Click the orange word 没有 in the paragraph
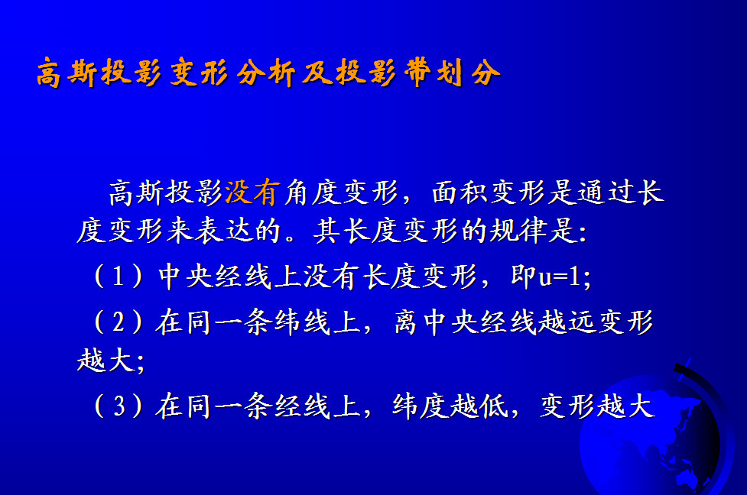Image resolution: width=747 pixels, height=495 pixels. click(252, 192)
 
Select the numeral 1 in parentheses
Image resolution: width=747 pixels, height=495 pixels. click(118, 276)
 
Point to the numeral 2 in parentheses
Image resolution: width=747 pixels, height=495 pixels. click(119, 322)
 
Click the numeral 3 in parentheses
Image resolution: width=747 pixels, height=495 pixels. click(119, 406)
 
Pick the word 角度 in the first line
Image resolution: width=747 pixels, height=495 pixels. click(312, 192)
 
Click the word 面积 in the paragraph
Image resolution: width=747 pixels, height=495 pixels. click(460, 192)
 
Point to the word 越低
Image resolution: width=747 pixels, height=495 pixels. click(479, 406)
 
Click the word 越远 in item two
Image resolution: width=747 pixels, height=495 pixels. click(567, 322)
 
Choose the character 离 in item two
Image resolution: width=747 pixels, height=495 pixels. click(406, 322)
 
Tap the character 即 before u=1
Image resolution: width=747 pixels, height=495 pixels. click(523, 276)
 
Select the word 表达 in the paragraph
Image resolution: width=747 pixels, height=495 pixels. click(223, 231)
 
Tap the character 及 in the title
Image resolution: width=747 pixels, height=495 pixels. click(317, 73)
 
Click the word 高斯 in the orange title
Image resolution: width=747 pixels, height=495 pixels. click(67, 73)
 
